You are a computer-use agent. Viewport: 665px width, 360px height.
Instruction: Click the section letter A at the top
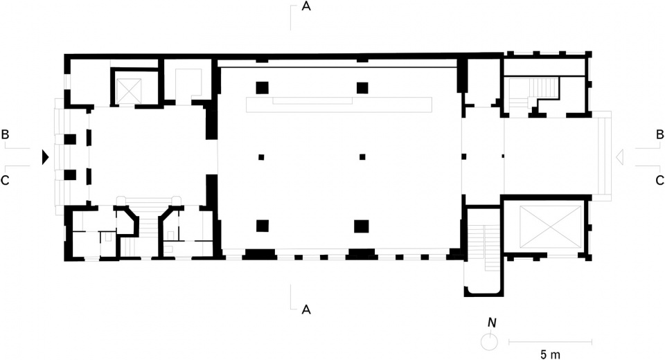coord(306,6)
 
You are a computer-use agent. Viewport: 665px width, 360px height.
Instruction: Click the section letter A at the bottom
coord(306,310)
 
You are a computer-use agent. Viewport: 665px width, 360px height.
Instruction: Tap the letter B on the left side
coord(5,134)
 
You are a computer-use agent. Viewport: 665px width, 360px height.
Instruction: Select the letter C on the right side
coord(659,180)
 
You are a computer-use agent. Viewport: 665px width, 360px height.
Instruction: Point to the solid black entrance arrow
coord(46,157)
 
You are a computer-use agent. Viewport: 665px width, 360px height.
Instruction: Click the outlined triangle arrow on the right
coord(619,157)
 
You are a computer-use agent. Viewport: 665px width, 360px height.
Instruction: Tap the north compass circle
coord(488,342)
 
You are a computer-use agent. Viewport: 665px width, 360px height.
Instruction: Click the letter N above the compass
coord(492,323)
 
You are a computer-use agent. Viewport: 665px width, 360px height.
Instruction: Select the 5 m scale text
coord(550,354)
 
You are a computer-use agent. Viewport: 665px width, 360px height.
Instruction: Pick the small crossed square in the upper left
coord(129,91)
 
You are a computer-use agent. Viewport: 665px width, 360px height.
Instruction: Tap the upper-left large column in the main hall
coord(262,88)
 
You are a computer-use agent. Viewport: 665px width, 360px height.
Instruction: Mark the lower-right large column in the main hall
coord(362,226)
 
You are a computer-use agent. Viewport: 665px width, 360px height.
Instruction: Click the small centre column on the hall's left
coord(261,157)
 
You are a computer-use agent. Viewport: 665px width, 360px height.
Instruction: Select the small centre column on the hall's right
coord(362,157)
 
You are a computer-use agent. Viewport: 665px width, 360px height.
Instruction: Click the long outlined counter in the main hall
coord(339,105)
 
